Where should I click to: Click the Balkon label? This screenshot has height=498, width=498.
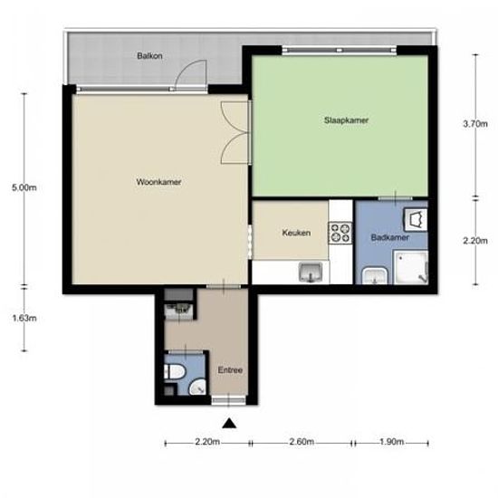[149, 56]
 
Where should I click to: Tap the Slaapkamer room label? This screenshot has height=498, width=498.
[346, 120]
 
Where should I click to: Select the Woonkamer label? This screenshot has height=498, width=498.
[158, 182]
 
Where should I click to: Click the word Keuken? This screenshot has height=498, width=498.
[296, 233]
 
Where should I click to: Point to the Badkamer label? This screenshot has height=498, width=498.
[389, 237]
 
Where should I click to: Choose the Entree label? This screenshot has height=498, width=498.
[230, 370]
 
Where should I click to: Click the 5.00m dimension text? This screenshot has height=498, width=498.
[24, 187]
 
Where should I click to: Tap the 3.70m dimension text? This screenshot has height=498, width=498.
[475, 124]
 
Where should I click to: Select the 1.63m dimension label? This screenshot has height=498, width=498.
[24, 318]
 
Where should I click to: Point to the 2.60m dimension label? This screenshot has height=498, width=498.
[302, 442]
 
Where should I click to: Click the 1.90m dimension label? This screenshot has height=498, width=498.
[391, 442]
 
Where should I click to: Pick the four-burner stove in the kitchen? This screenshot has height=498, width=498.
[340, 233]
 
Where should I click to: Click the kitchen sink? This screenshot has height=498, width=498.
[311, 273]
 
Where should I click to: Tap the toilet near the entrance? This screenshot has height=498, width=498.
[174, 371]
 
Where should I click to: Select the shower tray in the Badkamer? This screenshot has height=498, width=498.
[411, 267]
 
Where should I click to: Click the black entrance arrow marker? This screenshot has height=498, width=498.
[229, 424]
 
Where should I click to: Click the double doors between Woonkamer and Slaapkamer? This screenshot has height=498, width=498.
[235, 132]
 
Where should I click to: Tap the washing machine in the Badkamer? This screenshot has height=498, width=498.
[415, 220]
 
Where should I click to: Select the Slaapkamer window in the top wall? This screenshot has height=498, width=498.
[340, 50]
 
